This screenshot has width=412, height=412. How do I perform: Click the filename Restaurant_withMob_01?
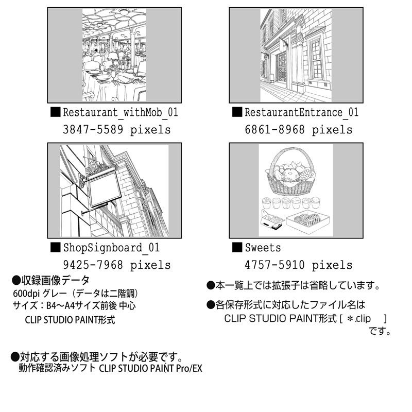pyautogui.click(x=120, y=113)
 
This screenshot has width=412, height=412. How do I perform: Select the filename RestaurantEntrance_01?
pyautogui.click(x=301, y=113)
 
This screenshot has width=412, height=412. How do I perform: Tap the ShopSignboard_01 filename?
pyautogui.click(x=111, y=248)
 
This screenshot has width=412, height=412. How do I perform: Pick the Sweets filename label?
pyautogui.click(x=263, y=248)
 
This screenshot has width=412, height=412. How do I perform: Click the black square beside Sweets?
pyautogui.click(x=237, y=247)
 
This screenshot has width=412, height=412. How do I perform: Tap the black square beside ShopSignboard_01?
pyautogui.click(x=55, y=247)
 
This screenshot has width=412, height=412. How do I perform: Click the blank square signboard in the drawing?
pyautogui.click(x=105, y=190)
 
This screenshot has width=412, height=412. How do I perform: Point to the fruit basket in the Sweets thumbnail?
pyautogui.click(x=290, y=173)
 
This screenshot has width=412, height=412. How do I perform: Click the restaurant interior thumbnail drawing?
pyautogui.click(x=115, y=55)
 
